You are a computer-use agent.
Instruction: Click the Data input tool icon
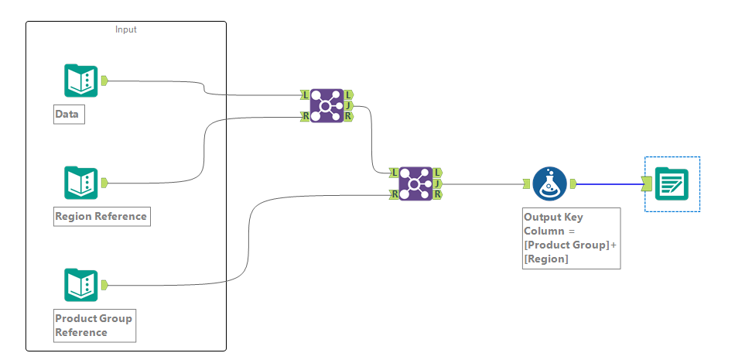point(80,81)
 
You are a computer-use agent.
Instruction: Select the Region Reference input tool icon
point(80,183)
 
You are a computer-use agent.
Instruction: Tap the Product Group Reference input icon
point(80,285)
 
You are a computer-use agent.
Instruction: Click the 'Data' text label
point(67,115)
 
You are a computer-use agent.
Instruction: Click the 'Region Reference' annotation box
point(101,216)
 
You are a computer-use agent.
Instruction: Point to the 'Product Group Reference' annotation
point(94,325)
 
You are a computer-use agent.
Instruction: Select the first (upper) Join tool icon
point(326,105)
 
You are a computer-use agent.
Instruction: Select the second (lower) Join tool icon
point(415,183)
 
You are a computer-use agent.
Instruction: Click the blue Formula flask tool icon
point(549,183)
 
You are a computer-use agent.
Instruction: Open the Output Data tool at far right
point(672,183)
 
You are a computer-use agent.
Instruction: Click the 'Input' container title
point(126,29)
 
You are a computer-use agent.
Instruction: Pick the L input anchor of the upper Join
point(306,94)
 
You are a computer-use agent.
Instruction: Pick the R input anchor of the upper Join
point(306,116)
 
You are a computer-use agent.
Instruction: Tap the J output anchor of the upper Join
point(349,105)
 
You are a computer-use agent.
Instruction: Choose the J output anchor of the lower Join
point(438,183)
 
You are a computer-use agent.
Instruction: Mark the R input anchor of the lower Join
point(395,194)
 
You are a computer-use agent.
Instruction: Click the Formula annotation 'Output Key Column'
point(571,238)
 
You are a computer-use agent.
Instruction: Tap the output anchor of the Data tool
point(104,80)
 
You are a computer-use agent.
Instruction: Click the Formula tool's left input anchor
point(527,183)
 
